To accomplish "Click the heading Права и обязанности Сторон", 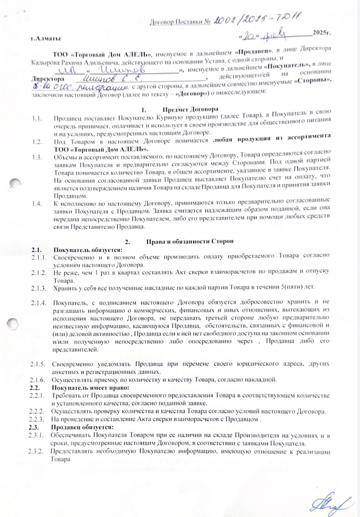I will coord(190,241).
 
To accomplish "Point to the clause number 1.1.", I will coord(37,119).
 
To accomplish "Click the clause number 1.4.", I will coord(37,204).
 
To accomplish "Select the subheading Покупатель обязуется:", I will coord(87,249).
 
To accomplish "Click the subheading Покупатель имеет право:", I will coord(90,388).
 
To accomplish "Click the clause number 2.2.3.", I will coord(38,419).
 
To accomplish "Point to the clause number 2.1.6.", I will coord(38,379).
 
